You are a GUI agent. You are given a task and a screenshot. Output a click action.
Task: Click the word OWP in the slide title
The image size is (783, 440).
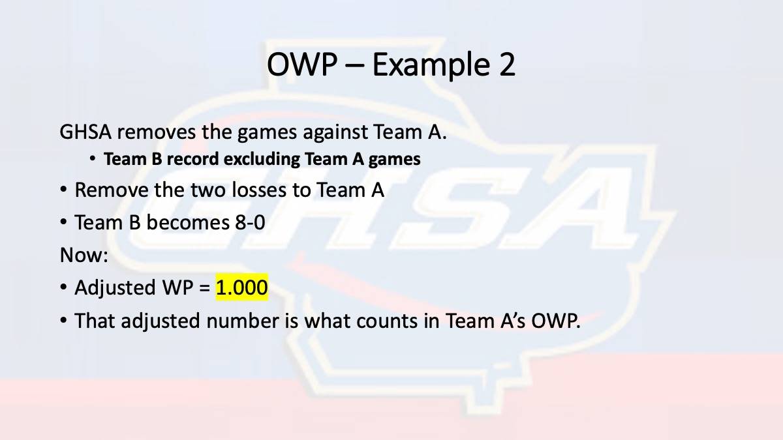pos(302,65)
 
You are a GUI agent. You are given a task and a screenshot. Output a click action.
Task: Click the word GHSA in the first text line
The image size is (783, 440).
pos(85,132)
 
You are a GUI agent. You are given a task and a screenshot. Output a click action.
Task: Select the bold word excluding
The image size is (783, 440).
pos(262,160)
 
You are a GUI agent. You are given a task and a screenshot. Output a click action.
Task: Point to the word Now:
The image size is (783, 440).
pos(84,255)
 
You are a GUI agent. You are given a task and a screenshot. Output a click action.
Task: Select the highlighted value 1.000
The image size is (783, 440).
pos(241,287)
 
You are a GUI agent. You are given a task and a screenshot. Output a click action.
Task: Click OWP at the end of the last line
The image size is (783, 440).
pos(556,321)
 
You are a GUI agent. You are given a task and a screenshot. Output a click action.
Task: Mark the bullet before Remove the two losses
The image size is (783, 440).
pos(63,190)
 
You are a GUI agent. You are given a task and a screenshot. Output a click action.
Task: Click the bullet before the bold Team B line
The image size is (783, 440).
pos(93,159)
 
